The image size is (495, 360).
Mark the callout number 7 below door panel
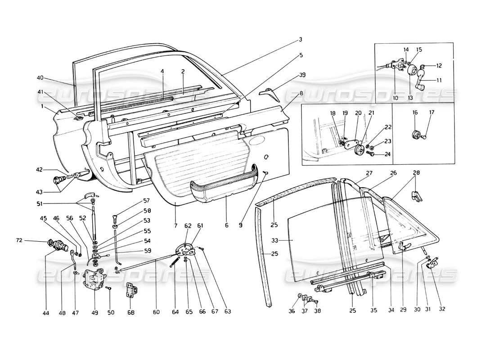[x=175, y=224]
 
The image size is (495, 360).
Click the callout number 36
[x=292, y=311]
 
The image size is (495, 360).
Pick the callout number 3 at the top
[x=301, y=40]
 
